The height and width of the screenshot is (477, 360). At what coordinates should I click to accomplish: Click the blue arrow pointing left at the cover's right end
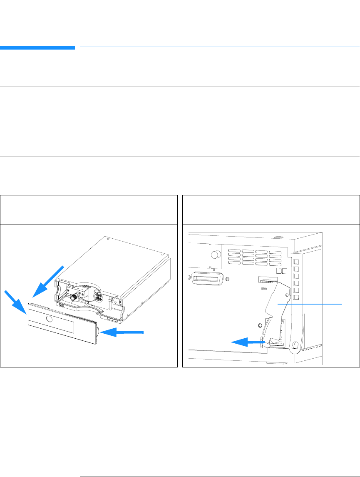125,332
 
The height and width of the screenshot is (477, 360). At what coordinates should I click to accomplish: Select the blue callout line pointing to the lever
310,304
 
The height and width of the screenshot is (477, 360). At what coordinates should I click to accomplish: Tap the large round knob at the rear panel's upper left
216,254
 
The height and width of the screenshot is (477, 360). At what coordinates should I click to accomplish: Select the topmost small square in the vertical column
296,262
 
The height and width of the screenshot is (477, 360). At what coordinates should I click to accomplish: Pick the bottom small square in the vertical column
296,297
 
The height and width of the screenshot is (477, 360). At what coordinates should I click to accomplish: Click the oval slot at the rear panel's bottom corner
295,345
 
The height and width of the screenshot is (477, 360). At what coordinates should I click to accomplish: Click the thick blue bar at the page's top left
37,48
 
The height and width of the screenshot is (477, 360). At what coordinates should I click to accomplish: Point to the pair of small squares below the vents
282,271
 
